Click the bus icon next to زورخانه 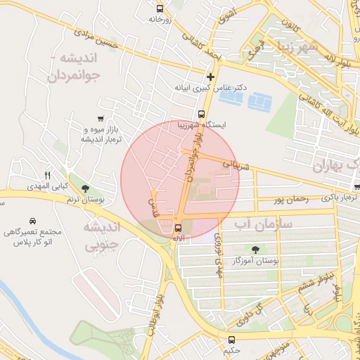click(x=160, y=9)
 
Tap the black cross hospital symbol click(x=210, y=76)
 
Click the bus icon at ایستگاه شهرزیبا click(x=201, y=114)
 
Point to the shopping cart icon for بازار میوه click(x=102, y=119)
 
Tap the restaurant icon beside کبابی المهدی click(x=48, y=175)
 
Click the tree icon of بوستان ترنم click(x=85, y=188)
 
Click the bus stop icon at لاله click(x=178, y=227)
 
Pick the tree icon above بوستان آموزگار click(x=255, y=249)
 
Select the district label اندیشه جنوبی click(x=103, y=236)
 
